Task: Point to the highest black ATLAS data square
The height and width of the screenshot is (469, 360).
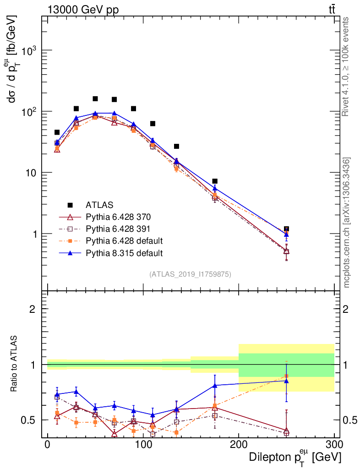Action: (x=95, y=99)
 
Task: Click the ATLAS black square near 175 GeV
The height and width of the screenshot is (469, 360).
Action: (x=215, y=181)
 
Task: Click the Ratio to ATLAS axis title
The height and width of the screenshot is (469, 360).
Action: (x=14, y=365)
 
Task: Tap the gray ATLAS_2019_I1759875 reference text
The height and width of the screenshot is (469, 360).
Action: (x=190, y=274)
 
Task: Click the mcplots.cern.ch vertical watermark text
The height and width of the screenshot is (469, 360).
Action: (x=347, y=223)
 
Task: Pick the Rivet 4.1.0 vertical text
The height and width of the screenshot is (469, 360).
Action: (x=347, y=66)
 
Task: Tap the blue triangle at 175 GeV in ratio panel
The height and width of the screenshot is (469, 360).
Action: (x=215, y=385)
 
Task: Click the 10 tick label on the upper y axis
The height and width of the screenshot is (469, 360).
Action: (x=30, y=173)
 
